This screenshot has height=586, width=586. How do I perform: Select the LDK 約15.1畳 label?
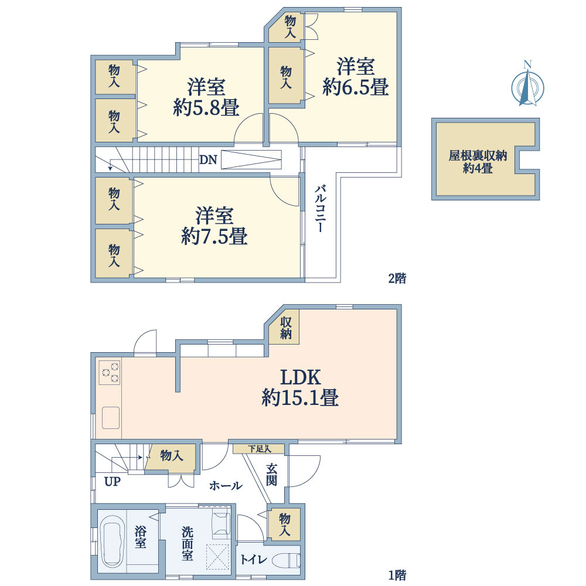coord(299,387)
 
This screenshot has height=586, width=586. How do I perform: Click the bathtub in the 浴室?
coord(113,541)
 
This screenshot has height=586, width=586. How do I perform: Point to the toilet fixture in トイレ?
coord(287,560)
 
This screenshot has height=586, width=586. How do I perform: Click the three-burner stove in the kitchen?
coord(110,373)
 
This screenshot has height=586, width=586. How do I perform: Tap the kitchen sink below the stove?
coord(111,418)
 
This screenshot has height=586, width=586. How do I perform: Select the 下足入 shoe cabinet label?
coord(258,449)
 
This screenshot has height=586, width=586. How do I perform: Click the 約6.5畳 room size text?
coord(356,88)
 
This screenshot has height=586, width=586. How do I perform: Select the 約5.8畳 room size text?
coord(206,108)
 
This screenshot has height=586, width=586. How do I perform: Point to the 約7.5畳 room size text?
coord(214,236)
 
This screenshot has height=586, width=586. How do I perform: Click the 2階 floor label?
coord(397,278)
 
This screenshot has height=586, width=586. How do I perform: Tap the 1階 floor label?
coord(397,574)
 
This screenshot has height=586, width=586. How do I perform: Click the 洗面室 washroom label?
coord(187,543)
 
